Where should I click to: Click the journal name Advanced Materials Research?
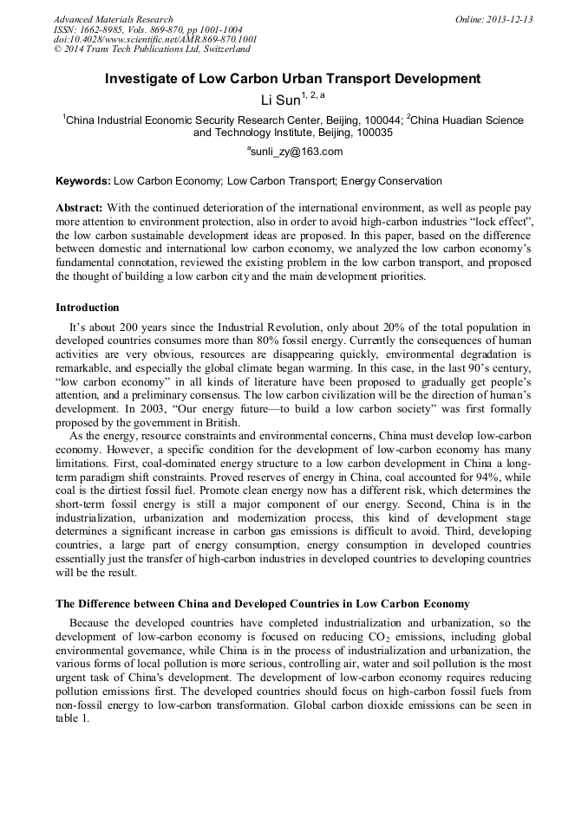tap(113, 19)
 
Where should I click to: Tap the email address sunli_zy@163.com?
tap(297, 152)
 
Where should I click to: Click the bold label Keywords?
tap(82, 181)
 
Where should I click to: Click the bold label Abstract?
tap(80, 209)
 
